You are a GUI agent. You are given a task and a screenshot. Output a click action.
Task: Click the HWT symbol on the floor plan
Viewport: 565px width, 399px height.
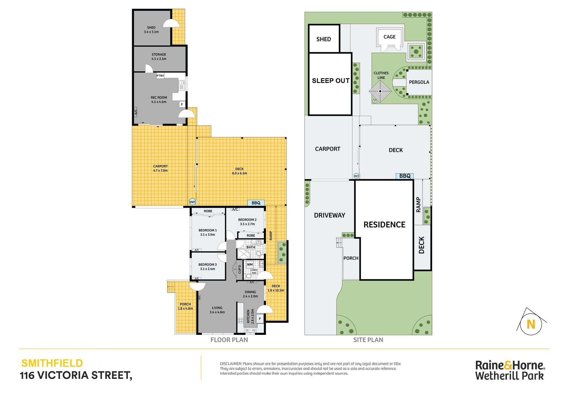pos(192,202)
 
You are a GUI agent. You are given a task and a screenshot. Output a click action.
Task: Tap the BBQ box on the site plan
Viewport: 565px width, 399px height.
pos(404,176)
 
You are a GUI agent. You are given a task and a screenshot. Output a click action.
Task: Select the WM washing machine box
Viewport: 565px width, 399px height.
pos(250,265)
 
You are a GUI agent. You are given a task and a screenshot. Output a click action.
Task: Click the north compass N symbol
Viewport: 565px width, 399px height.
pos(531,324)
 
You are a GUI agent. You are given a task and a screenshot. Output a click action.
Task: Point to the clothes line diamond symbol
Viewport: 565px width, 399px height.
pos(380,91)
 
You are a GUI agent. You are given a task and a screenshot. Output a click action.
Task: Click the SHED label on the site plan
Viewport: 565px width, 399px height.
pos(324,39)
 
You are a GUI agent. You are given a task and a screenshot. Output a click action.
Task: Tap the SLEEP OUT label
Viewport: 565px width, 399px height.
pos(331,81)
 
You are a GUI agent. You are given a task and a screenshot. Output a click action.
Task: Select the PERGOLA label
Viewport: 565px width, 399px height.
pos(419,82)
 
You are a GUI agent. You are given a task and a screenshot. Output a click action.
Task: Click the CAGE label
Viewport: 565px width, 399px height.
pos(389,37)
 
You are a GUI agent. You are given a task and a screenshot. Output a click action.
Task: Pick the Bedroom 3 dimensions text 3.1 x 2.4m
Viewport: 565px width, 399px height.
pos(207,269)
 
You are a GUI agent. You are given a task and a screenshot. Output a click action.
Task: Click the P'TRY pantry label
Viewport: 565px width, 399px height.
pos(160,76)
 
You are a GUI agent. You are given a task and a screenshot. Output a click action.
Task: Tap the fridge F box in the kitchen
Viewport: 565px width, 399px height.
pos(260,319)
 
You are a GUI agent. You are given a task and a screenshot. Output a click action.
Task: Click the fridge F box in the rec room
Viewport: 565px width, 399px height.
pos(182,104)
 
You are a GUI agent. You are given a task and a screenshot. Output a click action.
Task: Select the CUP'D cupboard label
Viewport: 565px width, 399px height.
pos(240,269)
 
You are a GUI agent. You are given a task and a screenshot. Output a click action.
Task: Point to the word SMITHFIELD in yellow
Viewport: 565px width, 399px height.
pos(52,363)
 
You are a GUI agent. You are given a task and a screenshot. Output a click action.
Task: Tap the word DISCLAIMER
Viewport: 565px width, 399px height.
pos(231,364)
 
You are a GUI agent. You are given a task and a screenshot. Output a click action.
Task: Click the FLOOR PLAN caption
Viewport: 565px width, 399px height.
pos(229,340)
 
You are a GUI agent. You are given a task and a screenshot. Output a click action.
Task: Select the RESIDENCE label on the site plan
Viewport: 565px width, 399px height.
pos(384,225)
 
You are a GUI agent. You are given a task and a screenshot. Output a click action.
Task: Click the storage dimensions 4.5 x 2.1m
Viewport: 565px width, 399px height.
pos(159,59)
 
